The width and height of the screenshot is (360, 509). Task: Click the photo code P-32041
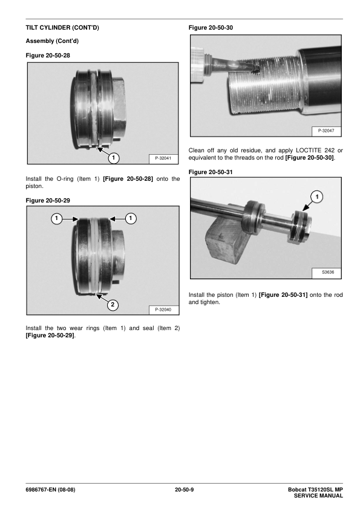(x=163, y=158)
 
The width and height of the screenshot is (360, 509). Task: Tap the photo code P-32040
(x=163, y=310)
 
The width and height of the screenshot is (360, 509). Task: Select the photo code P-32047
(x=326, y=131)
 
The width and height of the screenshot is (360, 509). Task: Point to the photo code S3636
(x=328, y=272)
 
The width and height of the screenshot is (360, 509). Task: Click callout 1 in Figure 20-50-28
(x=113, y=158)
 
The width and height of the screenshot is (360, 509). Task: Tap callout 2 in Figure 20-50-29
(x=113, y=305)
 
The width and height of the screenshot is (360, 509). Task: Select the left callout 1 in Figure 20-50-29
(x=56, y=218)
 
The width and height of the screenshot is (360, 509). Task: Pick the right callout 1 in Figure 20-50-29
(x=131, y=218)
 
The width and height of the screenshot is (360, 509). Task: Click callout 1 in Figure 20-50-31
(x=317, y=196)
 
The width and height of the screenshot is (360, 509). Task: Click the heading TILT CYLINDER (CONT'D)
(x=62, y=28)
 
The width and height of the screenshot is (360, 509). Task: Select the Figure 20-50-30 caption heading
(x=211, y=28)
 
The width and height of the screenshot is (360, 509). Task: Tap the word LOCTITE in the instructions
(x=309, y=151)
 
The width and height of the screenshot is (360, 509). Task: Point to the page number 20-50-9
(x=184, y=490)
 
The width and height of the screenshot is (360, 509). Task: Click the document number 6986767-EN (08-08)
(x=50, y=490)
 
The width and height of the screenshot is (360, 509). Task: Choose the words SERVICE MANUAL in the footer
(x=318, y=496)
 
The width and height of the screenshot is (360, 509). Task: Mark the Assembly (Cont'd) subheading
(x=52, y=41)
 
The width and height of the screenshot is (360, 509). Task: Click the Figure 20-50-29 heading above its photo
(x=48, y=201)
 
